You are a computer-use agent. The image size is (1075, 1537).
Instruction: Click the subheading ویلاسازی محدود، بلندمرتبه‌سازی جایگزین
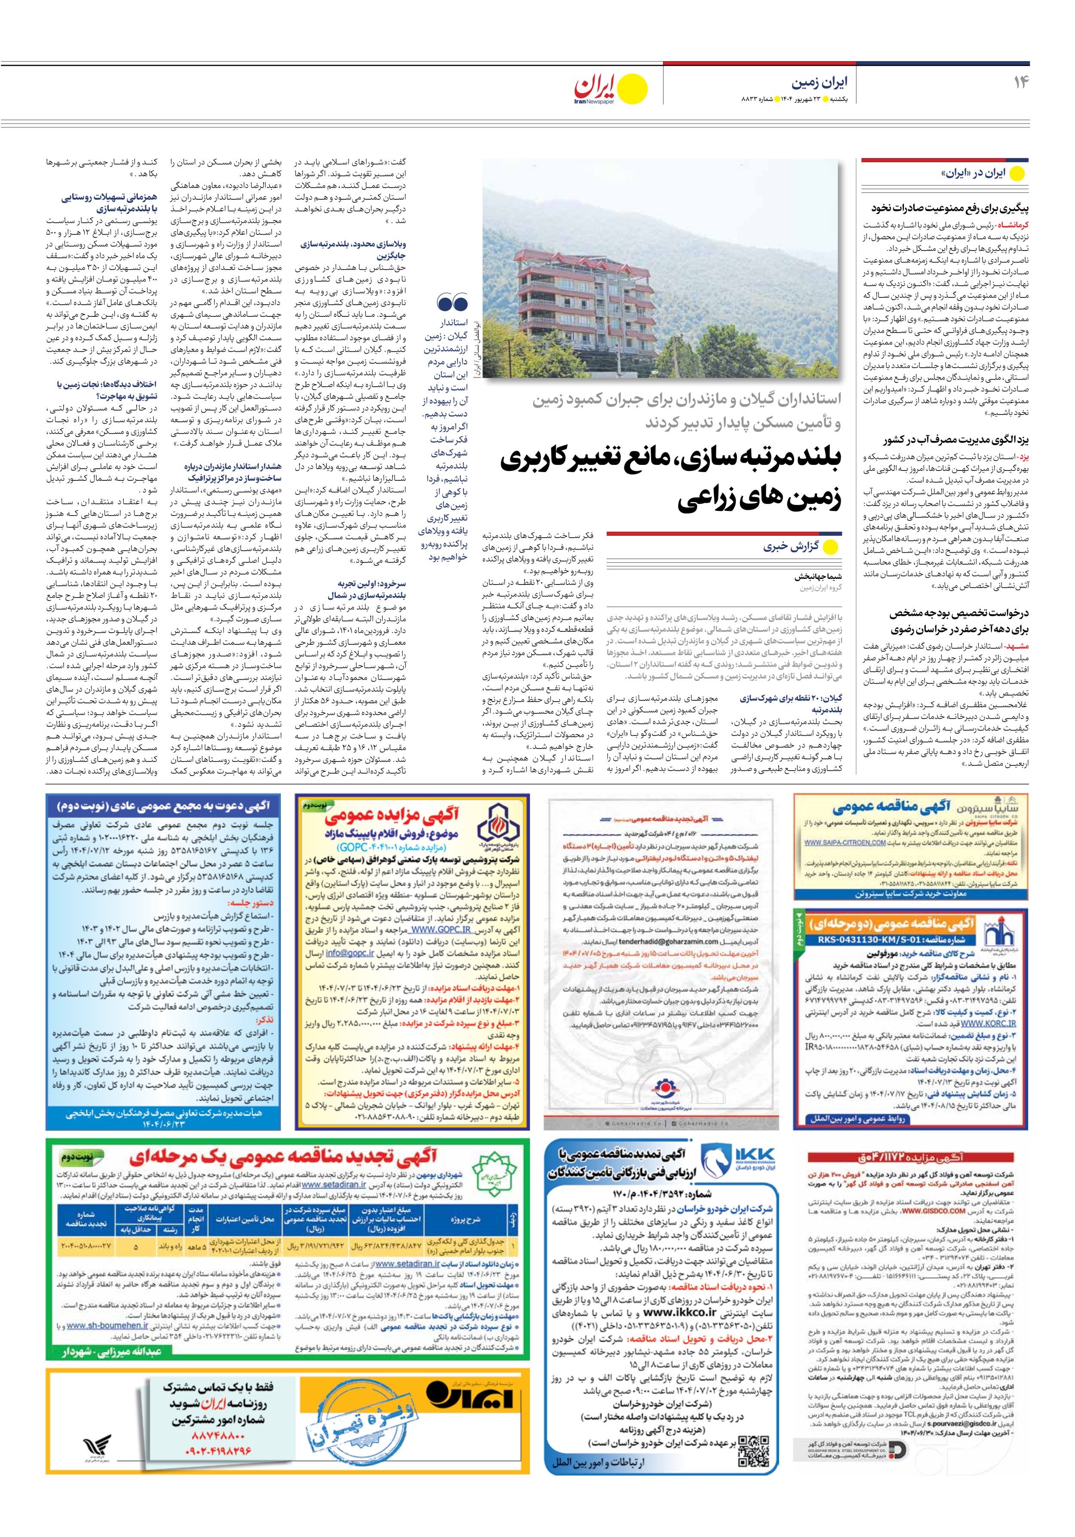click(353, 250)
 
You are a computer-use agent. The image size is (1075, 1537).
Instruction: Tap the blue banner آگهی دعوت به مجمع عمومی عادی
click(163, 805)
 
